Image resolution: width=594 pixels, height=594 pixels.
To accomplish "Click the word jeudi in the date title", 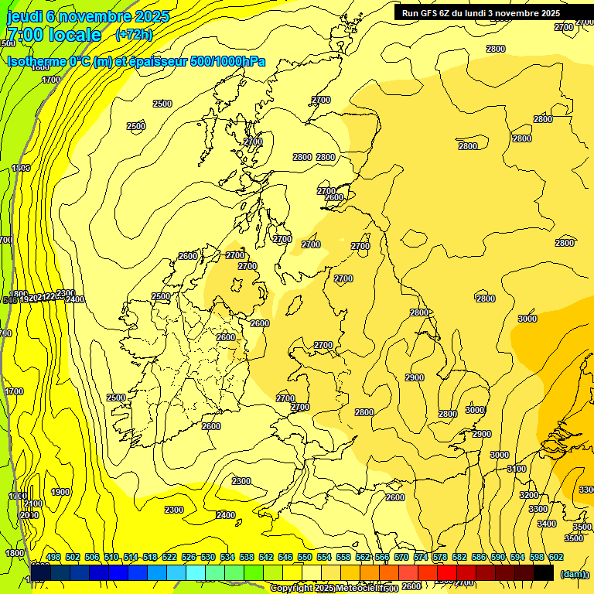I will pyautogui.click(x=24, y=16).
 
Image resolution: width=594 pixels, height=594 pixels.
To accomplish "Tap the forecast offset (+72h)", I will pyautogui.click(x=134, y=35).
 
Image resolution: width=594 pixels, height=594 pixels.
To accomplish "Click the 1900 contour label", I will pyautogui.click(x=60, y=493).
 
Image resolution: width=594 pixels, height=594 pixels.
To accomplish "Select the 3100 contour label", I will pyautogui.click(x=517, y=469).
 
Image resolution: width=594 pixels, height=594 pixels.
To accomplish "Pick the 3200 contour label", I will pyautogui.click(x=528, y=495).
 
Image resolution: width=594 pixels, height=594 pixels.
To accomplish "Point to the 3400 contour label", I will pyautogui.click(x=546, y=524).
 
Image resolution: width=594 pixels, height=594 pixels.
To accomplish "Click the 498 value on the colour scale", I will pyautogui.click(x=53, y=557).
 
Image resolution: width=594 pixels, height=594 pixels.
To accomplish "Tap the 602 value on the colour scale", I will pyautogui.click(x=556, y=557).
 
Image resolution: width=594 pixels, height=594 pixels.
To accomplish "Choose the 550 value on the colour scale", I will pyautogui.click(x=305, y=557).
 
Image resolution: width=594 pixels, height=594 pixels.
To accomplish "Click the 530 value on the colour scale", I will pyautogui.click(x=208, y=557).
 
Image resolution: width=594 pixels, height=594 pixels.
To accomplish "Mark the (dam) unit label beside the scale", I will pyautogui.click(x=573, y=573).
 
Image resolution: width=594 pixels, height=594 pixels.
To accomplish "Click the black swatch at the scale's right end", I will pyautogui.click(x=543, y=572).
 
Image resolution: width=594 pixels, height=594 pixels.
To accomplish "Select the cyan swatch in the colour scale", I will pyautogui.click(x=196, y=572).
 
